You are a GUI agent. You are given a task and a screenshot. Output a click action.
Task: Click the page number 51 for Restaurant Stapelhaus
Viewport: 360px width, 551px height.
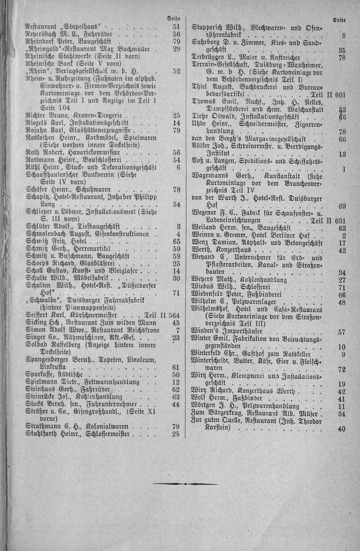coord(176,26)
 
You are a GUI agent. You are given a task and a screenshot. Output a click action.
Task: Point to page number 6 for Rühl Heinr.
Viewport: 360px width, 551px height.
coord(178,167)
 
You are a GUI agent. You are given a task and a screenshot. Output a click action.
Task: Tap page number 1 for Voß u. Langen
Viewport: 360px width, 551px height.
coord(344,170)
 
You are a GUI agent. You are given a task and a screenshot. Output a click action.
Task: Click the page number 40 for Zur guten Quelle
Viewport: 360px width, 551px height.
coord(341,429)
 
